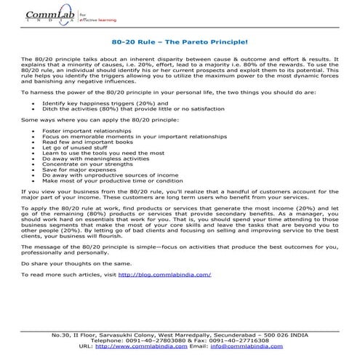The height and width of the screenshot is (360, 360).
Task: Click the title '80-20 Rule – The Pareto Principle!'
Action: tap(180, 43)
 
